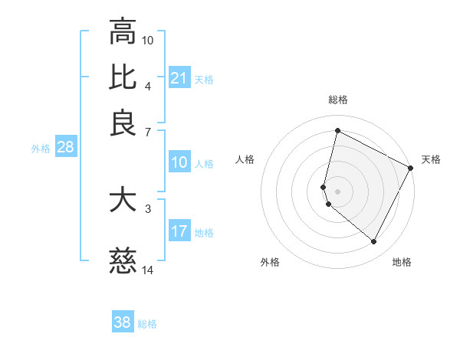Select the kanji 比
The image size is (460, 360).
click(123, 77)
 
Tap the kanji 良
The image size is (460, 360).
click(123, 123)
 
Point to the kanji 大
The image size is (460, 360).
click(123, 200)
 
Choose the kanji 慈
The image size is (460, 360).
click(123, 262)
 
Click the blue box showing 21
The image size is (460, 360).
click(179, 78)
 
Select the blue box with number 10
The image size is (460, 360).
click(179, 162)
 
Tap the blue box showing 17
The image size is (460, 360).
click(179, 231)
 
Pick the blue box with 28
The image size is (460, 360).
click(65, 148)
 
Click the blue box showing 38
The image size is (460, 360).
click(123, 322)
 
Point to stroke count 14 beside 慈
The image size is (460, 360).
click(148, 270)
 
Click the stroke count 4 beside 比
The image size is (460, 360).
click(148, 85)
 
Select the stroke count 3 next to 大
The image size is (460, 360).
click(148, 208)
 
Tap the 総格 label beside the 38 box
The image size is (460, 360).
click(147, 324)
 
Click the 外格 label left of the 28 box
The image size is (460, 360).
click(41, 149)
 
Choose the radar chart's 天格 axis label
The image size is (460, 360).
click(431, 159)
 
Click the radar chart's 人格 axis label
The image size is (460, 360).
click(245, 159)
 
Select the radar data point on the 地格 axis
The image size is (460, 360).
click(373, 242)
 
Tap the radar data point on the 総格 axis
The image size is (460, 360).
click(337, 130)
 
